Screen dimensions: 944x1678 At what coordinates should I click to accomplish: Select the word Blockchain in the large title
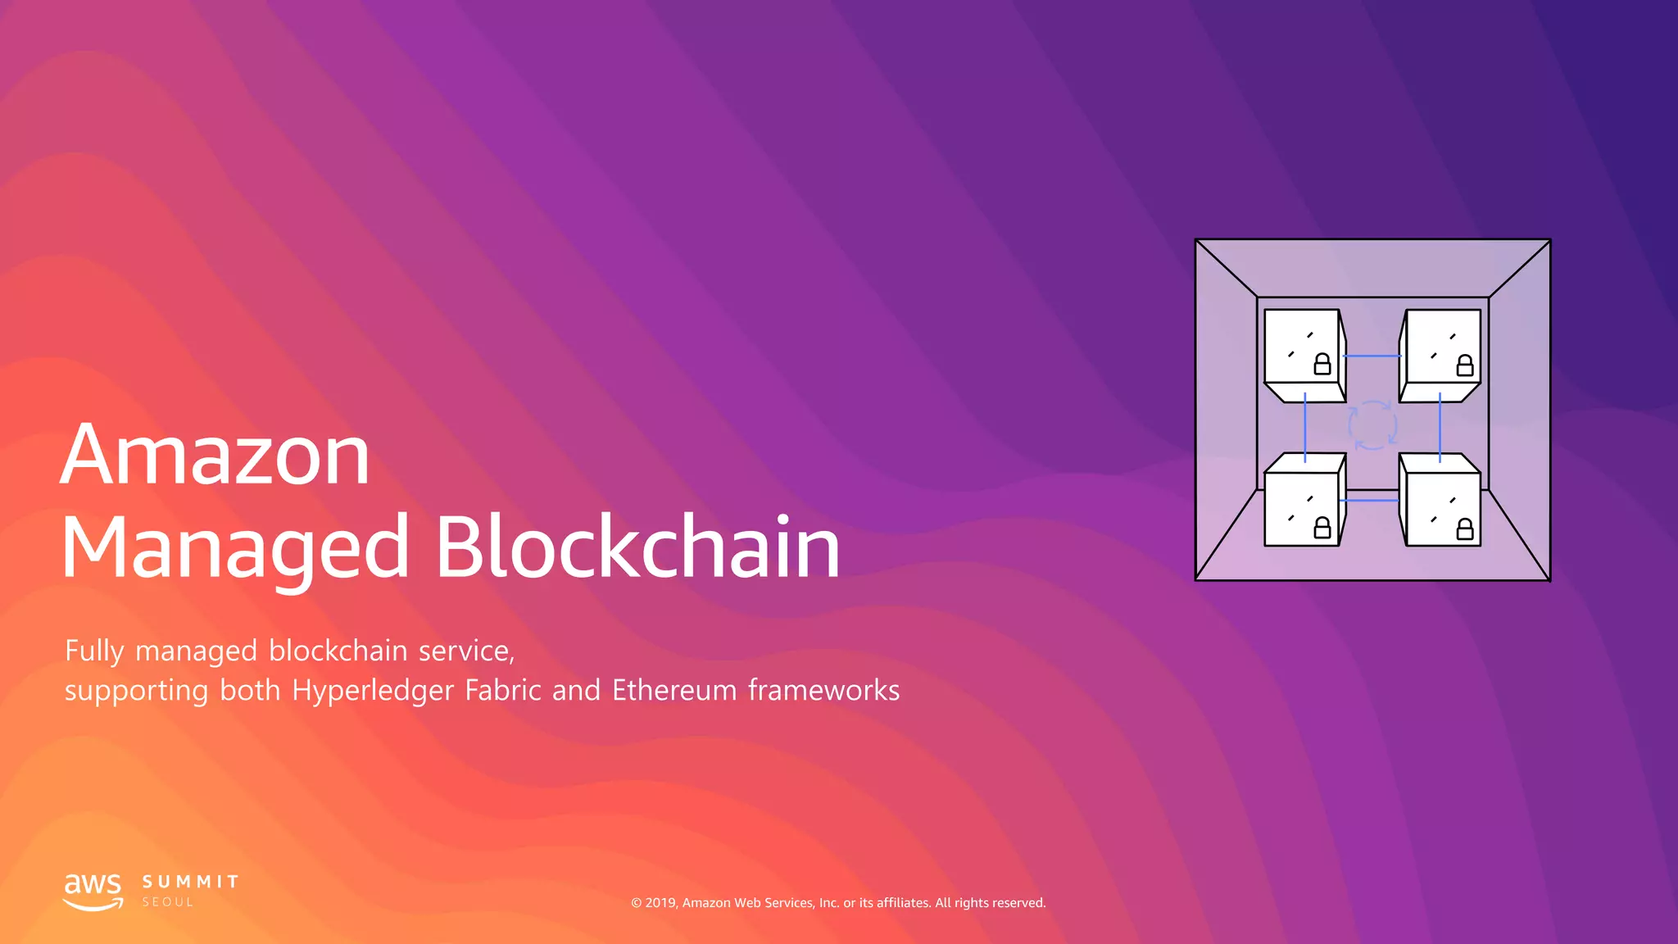(x=637, y=547)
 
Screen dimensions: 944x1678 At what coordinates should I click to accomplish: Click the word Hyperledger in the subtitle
(x=373, y=691)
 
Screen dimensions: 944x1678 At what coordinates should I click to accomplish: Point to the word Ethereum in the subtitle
(x=674, y=690)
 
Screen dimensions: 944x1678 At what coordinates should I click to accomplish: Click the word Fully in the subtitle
(x=94, y=651)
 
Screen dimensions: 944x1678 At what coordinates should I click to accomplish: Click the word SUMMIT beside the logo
(x=191, y=882)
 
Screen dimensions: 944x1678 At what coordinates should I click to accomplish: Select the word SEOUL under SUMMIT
(x=168, y=902)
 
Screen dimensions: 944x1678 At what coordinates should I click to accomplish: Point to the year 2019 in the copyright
(x=660, y=903)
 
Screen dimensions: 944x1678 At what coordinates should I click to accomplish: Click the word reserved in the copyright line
(x=1019, y=903)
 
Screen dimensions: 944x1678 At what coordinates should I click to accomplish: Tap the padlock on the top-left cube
(x=1322, y=364)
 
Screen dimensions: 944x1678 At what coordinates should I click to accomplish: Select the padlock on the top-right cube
(x=1465, y=365)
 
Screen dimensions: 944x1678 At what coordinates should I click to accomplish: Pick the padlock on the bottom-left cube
(x=1322, y=528)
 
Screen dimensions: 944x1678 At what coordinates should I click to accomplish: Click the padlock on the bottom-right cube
(x=1465, y=529)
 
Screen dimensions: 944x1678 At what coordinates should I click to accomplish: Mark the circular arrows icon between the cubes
(x=1372, y=425)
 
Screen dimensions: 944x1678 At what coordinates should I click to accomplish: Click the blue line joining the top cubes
(x=1372, y=356)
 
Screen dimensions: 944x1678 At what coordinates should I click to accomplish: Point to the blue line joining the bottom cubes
(x=1369, y=500)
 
